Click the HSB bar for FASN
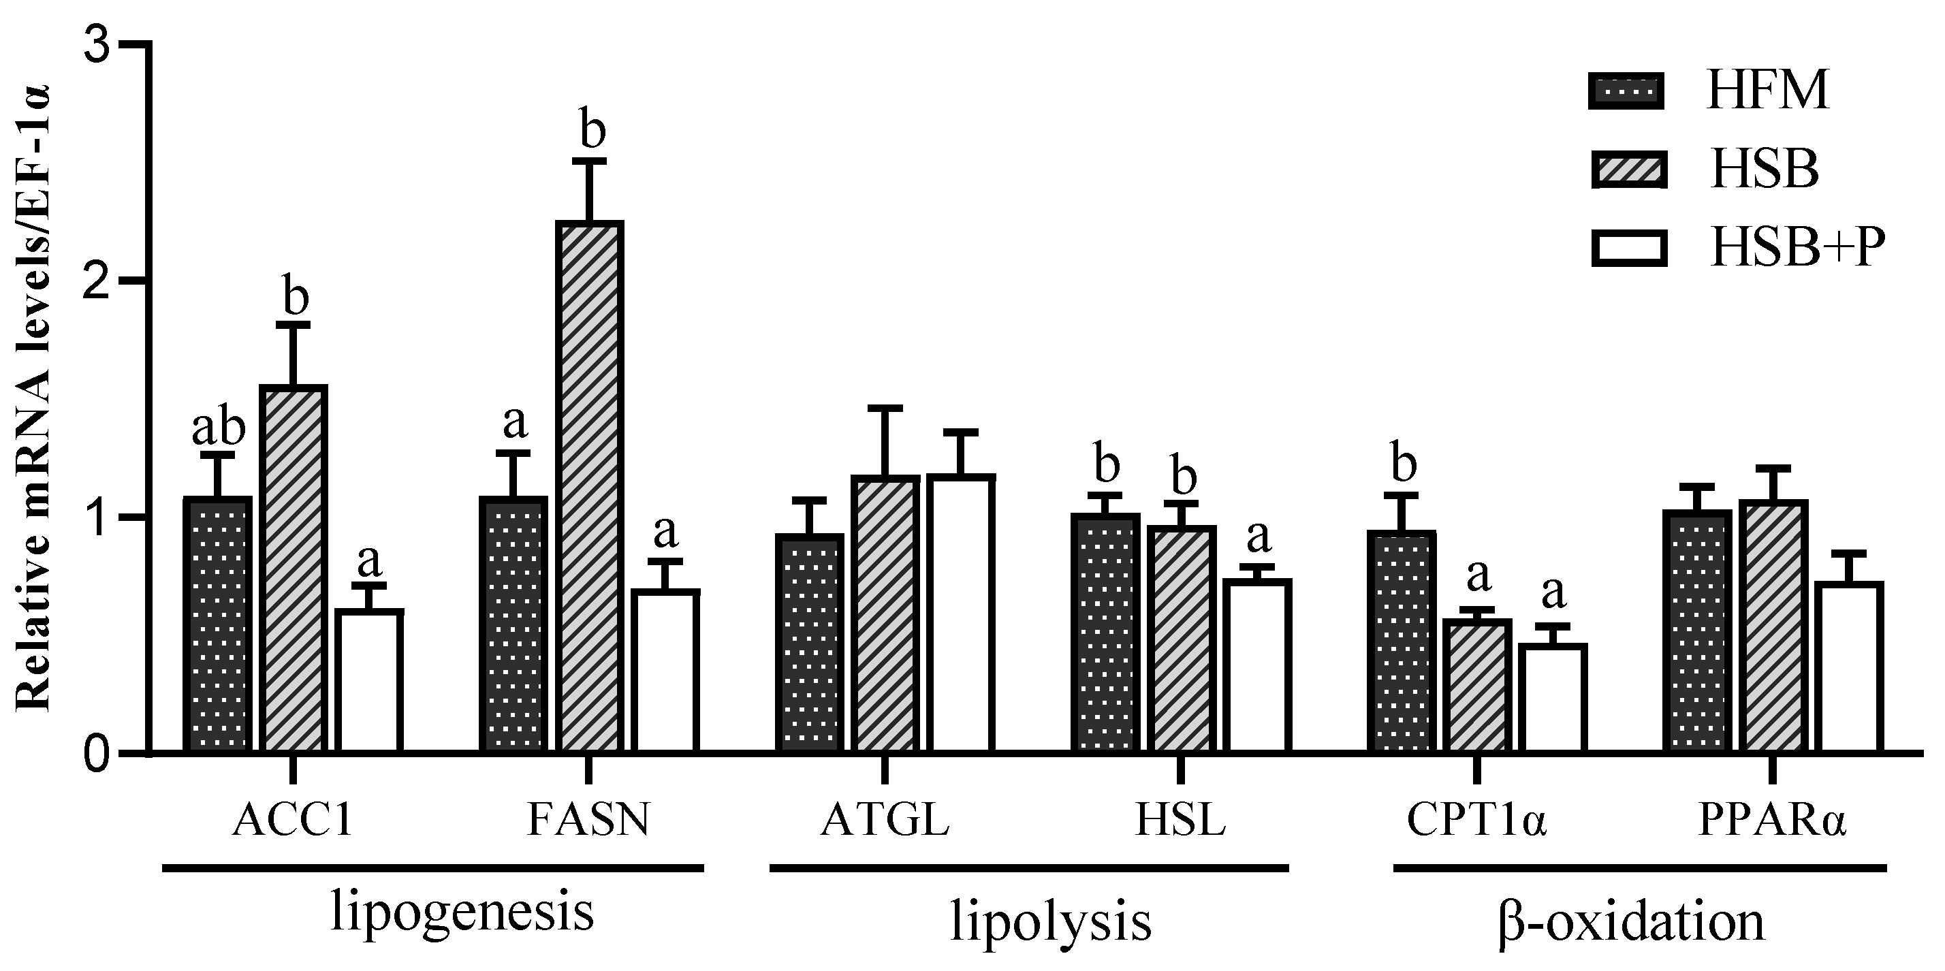590,487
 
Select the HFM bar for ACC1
218,624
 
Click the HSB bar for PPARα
1773,626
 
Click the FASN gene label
588,821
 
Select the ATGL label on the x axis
884,821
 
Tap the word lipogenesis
462,913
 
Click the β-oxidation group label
1631,921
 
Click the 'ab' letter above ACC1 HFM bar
218,429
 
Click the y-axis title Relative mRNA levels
34,396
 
